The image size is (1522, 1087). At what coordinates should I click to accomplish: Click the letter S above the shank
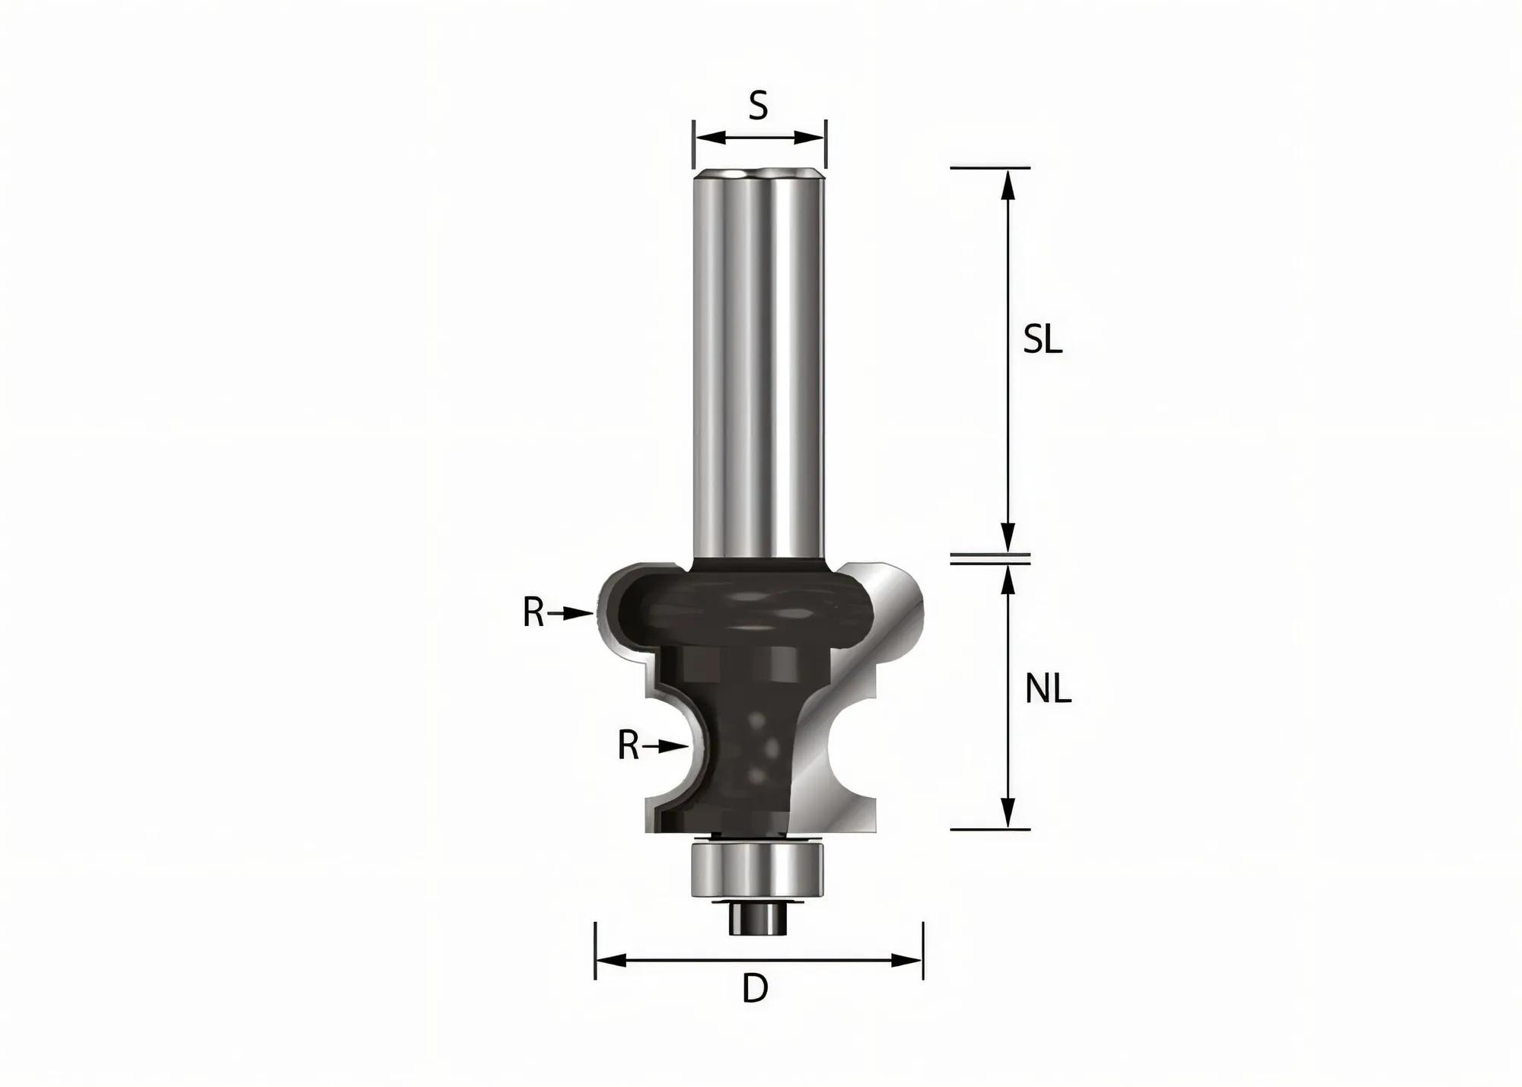coord(758,106)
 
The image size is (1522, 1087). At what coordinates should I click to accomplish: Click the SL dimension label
coord(1042,340)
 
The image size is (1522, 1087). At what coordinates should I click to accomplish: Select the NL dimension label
coord(1048,690)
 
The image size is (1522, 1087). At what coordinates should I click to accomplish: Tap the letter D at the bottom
coord(755,989)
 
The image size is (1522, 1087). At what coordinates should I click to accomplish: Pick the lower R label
coord(628,746)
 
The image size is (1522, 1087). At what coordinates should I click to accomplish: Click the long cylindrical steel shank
coord(759,365)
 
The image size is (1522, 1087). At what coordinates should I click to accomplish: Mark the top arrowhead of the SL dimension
coord(1008,183)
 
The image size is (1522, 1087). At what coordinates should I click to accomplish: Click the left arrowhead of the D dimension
coord(609,961)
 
